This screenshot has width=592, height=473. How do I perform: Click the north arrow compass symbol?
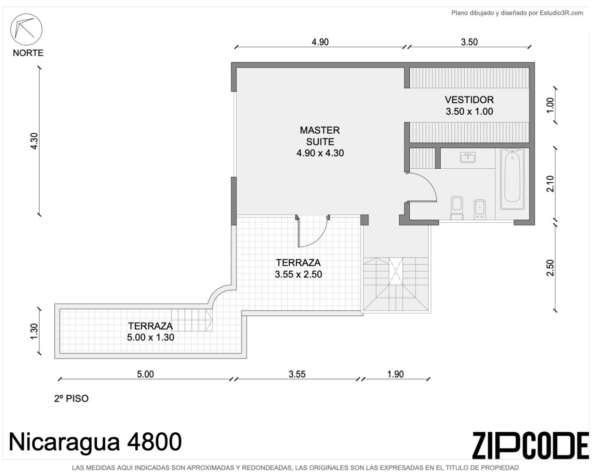click(26, 29)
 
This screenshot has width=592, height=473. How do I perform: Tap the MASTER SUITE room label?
click(320, 141)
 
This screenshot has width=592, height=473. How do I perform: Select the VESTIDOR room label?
click(469, 105)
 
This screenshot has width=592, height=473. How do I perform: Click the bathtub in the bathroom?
click(512, 179)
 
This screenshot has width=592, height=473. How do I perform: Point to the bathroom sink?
click(468, 158)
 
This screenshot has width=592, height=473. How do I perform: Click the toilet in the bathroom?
click(457, 208)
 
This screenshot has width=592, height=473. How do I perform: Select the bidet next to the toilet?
click(479, 209)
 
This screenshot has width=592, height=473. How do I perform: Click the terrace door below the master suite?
click(312, 231)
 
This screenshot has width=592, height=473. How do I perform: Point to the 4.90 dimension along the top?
click(320, 42)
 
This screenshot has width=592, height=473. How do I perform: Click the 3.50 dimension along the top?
click(469, 42)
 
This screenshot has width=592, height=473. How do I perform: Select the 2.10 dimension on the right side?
click(550, 184)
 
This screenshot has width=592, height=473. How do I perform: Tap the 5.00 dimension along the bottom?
click(145, 374)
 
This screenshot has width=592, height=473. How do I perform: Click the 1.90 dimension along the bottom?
click(395, 374)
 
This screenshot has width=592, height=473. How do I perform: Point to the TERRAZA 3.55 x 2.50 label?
click(298, 268)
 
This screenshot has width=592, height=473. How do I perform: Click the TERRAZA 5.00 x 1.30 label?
click(150, 331)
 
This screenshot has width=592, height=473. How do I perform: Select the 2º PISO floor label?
click(71, 399)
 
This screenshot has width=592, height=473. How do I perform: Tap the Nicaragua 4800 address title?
click(95, 442)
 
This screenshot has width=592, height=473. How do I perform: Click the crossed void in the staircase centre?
click(396, 271)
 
